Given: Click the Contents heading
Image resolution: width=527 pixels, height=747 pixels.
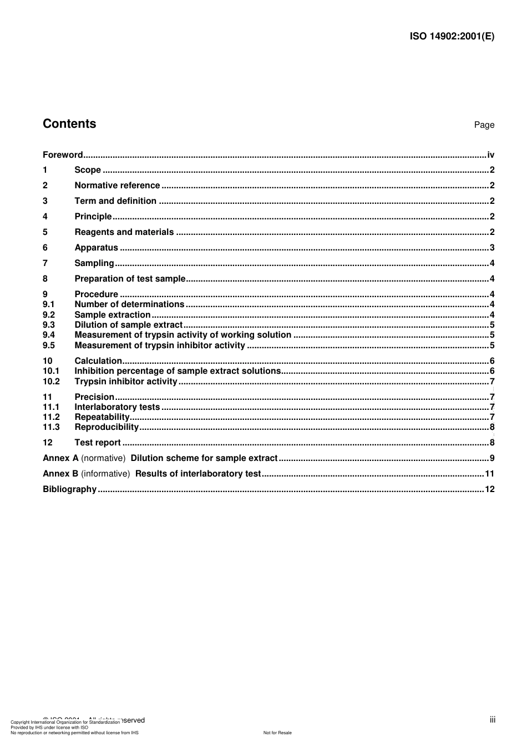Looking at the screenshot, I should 69,124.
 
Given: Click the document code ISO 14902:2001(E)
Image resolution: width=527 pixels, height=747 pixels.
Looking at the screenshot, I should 452,37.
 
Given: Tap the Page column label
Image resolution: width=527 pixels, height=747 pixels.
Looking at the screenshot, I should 484,125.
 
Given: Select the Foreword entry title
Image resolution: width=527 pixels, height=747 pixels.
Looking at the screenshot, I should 63,155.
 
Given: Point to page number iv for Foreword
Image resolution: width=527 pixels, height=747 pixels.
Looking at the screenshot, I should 490,155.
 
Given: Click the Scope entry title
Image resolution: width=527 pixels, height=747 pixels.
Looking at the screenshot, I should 88,170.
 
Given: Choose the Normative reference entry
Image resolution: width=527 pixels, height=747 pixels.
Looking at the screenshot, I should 117,186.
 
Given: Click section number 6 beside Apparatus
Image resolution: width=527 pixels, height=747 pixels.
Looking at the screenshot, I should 45,248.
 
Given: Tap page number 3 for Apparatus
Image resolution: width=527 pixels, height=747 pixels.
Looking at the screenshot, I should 492,248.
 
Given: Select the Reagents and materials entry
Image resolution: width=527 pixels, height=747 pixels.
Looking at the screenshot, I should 124,232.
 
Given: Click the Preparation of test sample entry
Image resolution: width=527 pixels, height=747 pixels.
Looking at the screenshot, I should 130,279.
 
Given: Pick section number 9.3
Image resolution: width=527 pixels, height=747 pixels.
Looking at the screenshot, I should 49,325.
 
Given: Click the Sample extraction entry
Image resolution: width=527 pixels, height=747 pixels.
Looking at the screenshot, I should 113,315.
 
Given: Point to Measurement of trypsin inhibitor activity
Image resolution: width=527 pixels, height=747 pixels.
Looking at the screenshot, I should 160,345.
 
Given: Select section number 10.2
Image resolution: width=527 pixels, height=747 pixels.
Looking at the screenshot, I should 51,382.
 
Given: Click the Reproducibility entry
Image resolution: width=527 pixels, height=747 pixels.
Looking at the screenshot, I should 107,427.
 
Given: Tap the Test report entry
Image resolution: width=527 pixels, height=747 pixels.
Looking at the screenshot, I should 98,443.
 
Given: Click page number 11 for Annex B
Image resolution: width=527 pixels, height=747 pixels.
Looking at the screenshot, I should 489,474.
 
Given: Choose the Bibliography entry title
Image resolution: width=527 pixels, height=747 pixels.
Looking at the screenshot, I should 70,489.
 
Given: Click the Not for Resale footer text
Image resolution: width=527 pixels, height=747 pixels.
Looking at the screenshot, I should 277,733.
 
